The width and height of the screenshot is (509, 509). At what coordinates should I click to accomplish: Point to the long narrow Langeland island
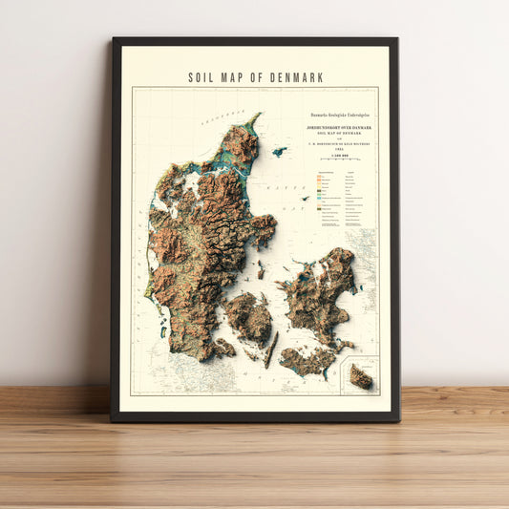[x=271, y=350]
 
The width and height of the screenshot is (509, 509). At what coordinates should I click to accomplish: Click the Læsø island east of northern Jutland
[x=279, y=151]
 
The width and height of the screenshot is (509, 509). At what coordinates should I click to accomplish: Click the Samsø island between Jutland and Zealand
[x=260, y=270]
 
